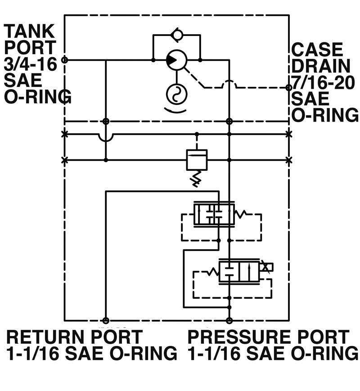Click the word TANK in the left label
(x=30, y=32)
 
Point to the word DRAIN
(x=320, y=66)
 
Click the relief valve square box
(x=196, y=159)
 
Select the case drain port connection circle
(x=288, y=88)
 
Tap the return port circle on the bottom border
(x=106, y=320)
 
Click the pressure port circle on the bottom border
(x=229, y=320)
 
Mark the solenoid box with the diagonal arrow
(x=267, y=267)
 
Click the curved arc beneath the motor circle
(x=175, y=110)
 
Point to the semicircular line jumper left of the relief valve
(x=106, y=137)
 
